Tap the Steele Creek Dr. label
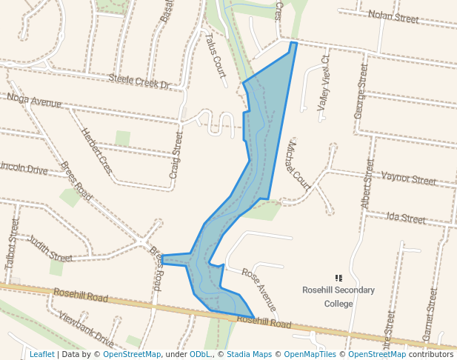(139, 81)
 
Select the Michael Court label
(298, 164)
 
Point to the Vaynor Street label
(408, 179)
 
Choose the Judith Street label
(50, 249)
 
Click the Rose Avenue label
(260, 289)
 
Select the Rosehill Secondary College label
(338, 296)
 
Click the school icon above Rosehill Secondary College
(338, 278)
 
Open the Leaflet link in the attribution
(41, 354)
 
